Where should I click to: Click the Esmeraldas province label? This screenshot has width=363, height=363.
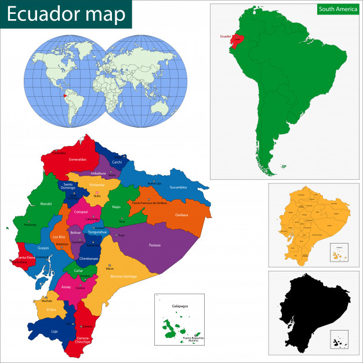[77, 159]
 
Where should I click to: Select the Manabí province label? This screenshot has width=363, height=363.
[46, 204]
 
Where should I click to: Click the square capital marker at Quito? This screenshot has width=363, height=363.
[97, 193]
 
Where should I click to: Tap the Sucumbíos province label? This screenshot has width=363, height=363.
[179, 187]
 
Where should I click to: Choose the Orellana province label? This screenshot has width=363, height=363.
[181, 215]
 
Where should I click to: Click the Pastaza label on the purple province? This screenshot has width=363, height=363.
[154, 245]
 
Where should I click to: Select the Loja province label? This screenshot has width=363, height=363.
[55, 332]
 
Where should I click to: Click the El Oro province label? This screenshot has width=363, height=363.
[51, 310]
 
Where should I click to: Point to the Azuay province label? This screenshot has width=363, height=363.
[66, 286]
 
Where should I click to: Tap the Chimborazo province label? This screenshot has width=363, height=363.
[89, 258]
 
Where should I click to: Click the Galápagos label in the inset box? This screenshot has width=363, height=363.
[180, 305]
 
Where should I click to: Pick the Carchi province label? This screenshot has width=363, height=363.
[117, 162]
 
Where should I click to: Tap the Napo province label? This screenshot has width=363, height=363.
[116, 207]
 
